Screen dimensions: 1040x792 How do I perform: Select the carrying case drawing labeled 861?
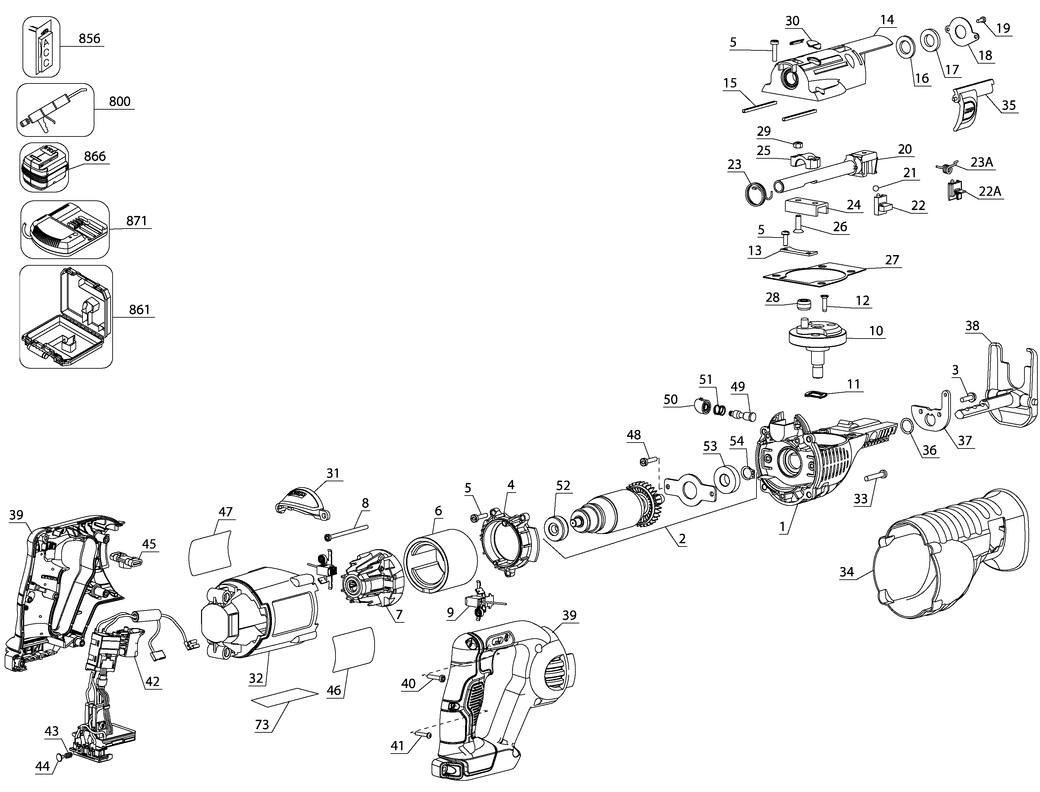(66, 317)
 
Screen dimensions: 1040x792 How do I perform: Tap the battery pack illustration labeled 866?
(44, 167)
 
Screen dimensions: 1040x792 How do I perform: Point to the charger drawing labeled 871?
(65, 230)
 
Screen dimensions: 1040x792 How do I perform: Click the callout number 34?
(847, 572)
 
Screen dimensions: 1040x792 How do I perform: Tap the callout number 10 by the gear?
(876, 331)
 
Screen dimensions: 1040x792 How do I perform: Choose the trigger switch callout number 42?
(152, 681)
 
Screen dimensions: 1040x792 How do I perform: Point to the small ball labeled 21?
(876, 188)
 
